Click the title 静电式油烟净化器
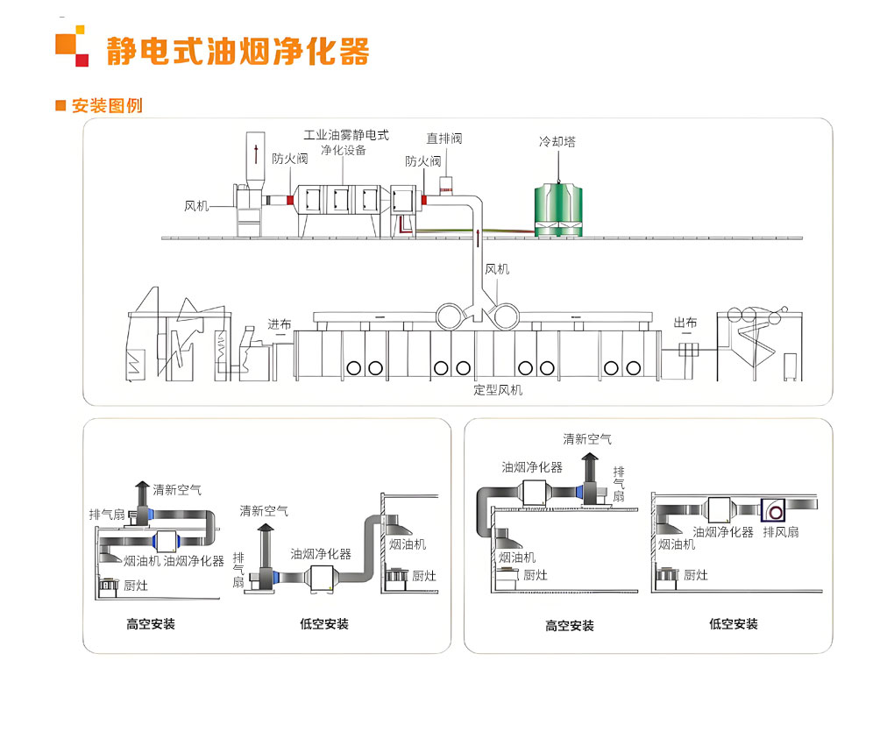tap(238, 52)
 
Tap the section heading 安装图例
tap(107, 105)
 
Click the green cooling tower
tap(558, 210)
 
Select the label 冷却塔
tap(557, 141)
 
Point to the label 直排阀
tap(444, 138)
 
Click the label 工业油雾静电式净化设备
tap(345, 143)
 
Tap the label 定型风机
tap(497, 390)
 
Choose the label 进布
tap(280, 324)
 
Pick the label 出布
tap(685, 323)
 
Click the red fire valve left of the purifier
tap(290, 200)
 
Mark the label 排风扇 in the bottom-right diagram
tap(781, 532)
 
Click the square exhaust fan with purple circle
tap(773, 510)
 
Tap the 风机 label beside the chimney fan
tap(196, 206)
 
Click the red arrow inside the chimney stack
tap(256, 153)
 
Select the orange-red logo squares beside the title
tap(72, 46)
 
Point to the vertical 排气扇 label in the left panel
tap(238, 569)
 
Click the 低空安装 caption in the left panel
tap(323, 624)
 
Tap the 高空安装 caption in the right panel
tap(570, 626)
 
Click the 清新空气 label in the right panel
tap(587, 439)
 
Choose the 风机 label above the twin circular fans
tap(497, 269)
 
